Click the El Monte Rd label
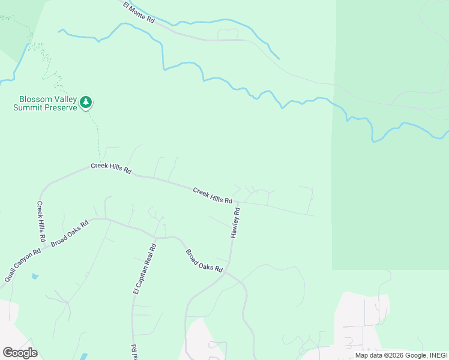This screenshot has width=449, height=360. click(x=139, y=12)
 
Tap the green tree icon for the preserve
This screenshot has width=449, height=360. click(x=86, y=103)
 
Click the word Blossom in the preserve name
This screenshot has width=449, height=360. click(x=35, y=100)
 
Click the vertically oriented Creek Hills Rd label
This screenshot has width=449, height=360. click(x=41, y=221)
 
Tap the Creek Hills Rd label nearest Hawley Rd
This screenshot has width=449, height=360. click(x=212, y=195)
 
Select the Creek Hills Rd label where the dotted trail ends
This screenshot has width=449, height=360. click(x=111, y=168)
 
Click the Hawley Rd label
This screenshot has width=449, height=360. click(x=236, y=223)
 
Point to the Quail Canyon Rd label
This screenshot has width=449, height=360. click(x=22, y=265)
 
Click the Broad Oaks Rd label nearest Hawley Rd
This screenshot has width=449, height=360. click(x=203, y=261)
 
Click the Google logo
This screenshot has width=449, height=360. click(x=20, y=353)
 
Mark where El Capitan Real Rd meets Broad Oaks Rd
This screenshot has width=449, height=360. click(x=155, y=238)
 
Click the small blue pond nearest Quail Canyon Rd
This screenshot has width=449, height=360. click(x=34, y=277)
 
